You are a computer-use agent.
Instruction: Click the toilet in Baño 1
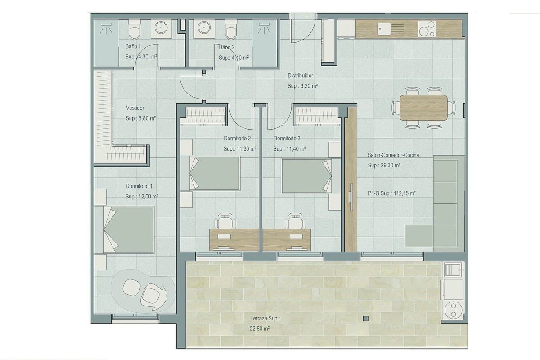tap(134, 29)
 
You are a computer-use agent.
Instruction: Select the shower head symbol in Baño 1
tap(106, 28)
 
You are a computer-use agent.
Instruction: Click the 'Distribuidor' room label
tap(300, 76)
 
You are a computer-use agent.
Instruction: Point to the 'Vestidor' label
tap(135, 108)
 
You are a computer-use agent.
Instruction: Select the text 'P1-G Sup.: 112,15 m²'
tap(392, 193)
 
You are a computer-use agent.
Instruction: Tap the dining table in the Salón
tap(423, 108)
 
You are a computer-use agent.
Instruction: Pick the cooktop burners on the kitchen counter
tap(427, 29)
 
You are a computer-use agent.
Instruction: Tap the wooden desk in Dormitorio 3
tap(287, 240)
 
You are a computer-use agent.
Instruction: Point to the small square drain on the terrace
tap(366, 319)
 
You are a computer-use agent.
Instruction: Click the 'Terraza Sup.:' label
tap(265, 318)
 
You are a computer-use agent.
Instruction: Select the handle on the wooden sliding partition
tap(351, 197)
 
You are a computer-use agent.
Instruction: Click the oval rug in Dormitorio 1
tap(144, 291)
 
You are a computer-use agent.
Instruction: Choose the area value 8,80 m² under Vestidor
tap(141, 118)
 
